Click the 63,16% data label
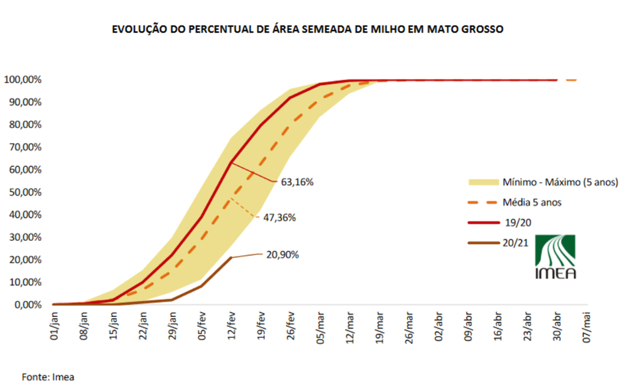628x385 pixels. click(297, 182)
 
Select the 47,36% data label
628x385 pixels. click(280, 218)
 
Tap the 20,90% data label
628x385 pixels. click(282, 254)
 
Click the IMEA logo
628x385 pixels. click(555, 256)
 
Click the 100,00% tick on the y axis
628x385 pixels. click(23, 80)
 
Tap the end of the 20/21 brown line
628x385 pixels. click(231, 257)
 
